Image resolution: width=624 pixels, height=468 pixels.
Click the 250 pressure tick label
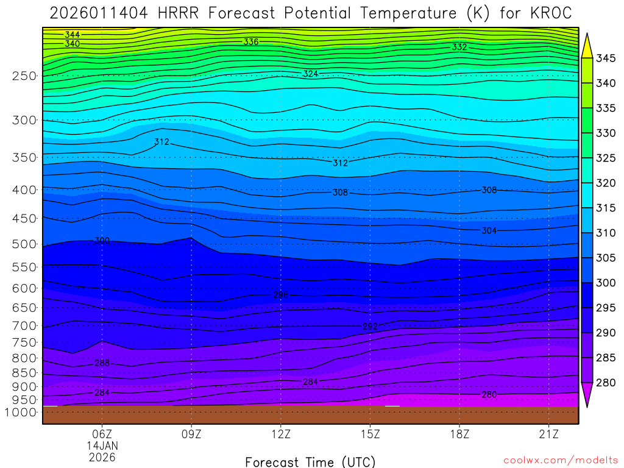(x=24, y=76)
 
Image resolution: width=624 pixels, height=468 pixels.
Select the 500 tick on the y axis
(x=24, y=244)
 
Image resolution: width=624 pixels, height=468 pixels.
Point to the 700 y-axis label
(x=24, y=325)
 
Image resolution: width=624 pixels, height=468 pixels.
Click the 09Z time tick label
(x=191, y=434)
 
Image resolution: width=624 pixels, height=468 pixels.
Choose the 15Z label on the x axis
(x=370, y=434)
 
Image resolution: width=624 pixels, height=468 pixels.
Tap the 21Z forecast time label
(x=549, y=434)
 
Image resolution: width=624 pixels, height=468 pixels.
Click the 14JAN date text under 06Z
(x=102, y=445)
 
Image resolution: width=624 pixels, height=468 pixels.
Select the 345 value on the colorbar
(x=606, y=58)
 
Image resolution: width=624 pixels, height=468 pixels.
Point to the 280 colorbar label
(x=606, y=383)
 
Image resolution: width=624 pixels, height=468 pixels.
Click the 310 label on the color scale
(x=606, y=233)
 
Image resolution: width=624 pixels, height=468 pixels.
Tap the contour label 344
(x=72, y=35)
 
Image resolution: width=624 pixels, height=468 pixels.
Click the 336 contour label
(x=250, y=42)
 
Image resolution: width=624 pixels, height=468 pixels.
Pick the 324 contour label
(x=311, y=74)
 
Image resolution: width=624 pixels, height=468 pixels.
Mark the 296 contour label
(x=280, y=295)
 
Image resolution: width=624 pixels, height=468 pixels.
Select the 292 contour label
(x=370, y=327)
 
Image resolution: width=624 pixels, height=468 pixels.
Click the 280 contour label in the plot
(x=489, y=395)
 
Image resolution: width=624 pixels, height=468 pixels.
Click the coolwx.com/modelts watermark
(x=560, y=461)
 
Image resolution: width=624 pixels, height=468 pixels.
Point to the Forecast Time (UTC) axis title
(x=310, y=461)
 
